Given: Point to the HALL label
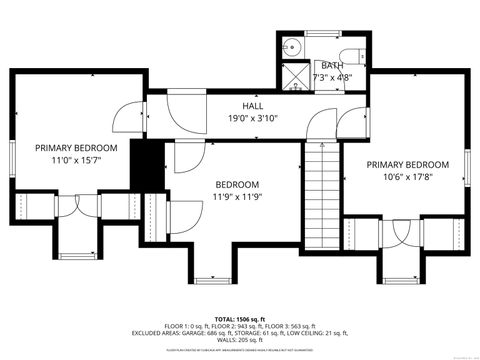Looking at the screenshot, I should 252,105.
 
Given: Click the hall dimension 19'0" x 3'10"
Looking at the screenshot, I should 252,118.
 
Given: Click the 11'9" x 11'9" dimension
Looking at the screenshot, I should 237,197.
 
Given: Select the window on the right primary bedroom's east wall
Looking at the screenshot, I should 467,165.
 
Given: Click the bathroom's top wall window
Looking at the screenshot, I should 321,35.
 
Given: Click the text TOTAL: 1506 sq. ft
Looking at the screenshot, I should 241,315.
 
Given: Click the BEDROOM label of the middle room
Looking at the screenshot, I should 237,184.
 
